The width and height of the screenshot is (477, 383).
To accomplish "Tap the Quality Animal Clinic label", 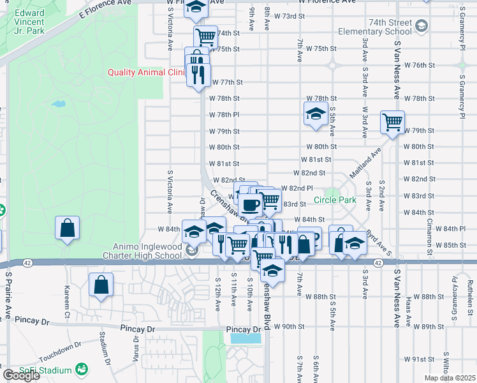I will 145,72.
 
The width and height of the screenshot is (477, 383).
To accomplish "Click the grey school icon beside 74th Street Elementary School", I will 421,26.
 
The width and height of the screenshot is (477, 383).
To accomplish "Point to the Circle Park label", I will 335,200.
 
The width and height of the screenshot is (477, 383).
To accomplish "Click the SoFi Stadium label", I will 48,370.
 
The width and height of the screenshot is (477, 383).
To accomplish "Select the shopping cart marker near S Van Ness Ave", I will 392,121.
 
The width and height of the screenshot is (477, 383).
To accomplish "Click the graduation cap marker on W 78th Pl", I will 314,114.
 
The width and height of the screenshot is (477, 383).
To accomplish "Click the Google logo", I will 21,375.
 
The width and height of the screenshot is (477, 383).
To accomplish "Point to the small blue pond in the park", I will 58,103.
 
